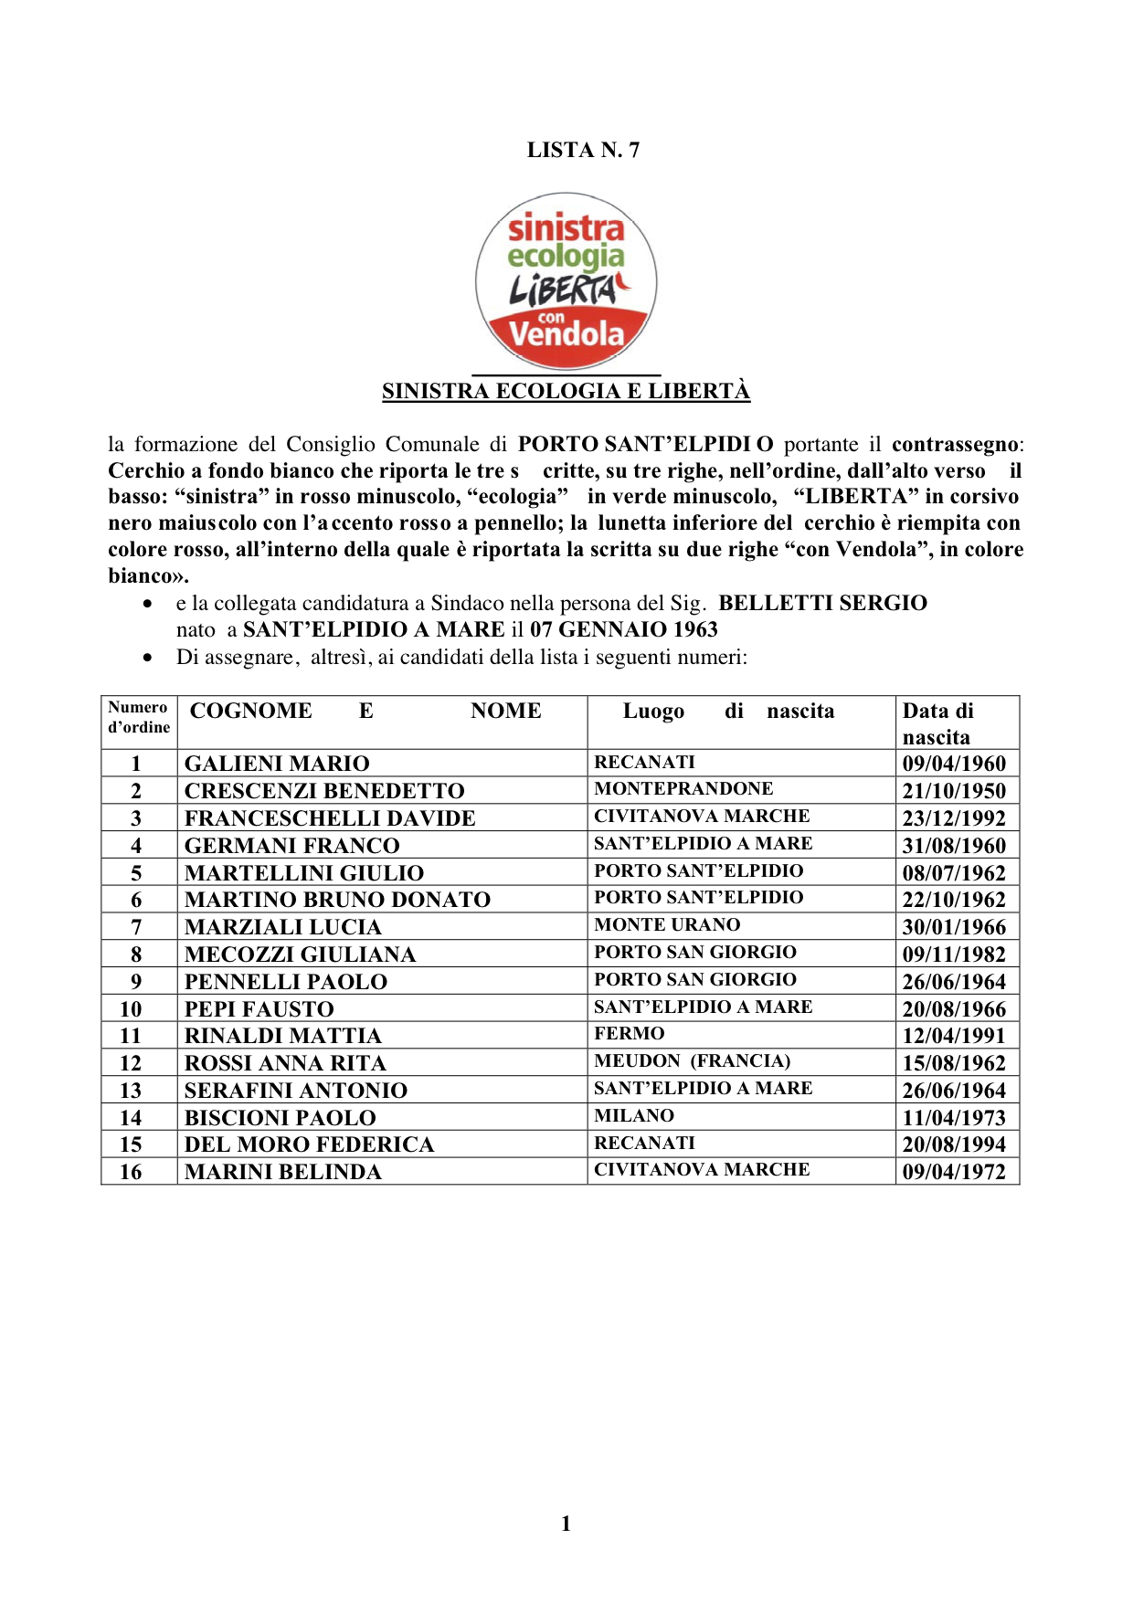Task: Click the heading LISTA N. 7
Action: pyautogui.click(x=583, y=151)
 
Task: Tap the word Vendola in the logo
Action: pyautogui.click(x=566, y=335)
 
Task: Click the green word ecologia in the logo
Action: pyautogui.click(x=566, y=257)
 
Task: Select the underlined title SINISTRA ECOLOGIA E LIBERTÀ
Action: pyautogui.click(x=566, y=392)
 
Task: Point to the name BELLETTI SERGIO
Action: pyautogui.click(x=822, y=604)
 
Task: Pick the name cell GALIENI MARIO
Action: pyautogui.click(x=277, y=764)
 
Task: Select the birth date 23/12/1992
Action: pyautogui.click(x=953, y=818)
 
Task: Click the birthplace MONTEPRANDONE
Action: pyautogui.click(x=683, y=789)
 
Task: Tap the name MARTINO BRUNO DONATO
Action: pyautogui.click(x=337, y=900)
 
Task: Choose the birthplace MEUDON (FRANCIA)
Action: pyautogui.click(x=692, y=1061)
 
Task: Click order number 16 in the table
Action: pyautogui.click(x=131, y=1172)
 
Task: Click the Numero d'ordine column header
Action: pyautogui.click(x=139, y=718)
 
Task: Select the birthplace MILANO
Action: pyautogui.click(x=634, y=1116)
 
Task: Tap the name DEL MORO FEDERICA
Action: pyautogui.click(x=309, y=1144)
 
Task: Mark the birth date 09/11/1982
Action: pyautogui.click(x=953, y=954)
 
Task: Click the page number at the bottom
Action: pyautogui.click(x=566, y=1524)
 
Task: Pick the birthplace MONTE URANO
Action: pyautogui.click(x=667, y=925)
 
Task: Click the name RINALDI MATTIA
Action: pyautogui.click(x=282, y=1036)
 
